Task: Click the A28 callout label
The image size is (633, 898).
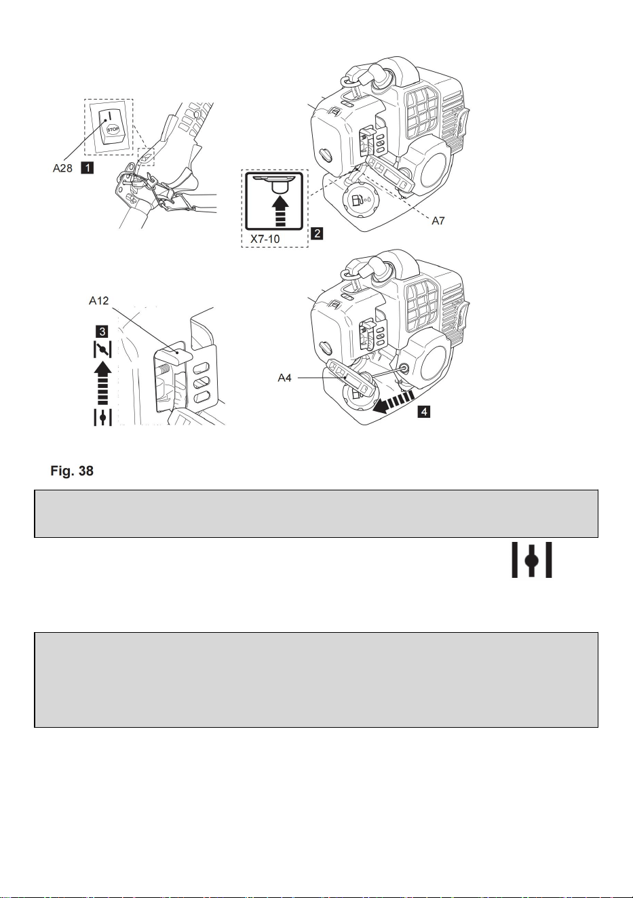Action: tap(62, 168)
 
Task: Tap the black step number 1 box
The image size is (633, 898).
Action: tap(87, 168)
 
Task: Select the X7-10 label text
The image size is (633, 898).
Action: tap(265, 239)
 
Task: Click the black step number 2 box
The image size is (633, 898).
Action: tap(317, 233)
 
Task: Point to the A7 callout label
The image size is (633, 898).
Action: tap(438, 220)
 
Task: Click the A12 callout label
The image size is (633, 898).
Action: tap(98, 300)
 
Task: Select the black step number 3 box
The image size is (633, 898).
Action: tap(102, 332)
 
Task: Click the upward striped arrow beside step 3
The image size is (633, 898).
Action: tap(102, 383)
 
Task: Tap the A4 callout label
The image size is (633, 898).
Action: tap(284, 378)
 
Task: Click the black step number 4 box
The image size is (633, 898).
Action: tap(423, 411)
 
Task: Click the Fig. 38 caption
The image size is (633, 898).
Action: tap(72, 471)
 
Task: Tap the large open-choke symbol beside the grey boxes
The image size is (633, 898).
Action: tap(531, 560)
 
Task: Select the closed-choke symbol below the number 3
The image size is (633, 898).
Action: tap(102, 349)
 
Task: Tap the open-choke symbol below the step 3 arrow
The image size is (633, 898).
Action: tap(102, 417)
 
